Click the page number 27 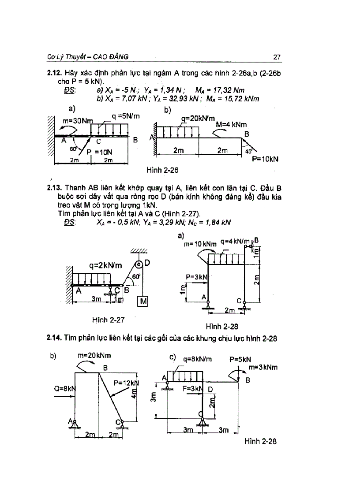point(277,57)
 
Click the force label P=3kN point(196,277)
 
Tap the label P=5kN point(240,359)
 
